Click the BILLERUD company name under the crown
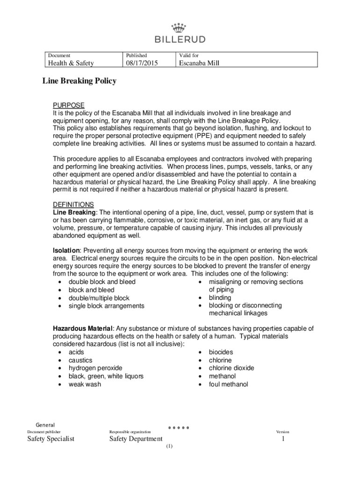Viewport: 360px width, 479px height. tap(180, 39)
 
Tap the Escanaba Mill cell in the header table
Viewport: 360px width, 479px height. tap(200, 63)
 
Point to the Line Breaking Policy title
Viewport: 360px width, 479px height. tap(79, 81)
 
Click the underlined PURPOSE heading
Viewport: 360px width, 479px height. tap(68, 105)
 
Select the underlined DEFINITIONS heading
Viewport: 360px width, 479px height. tap(73, 204)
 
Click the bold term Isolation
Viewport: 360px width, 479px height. tap(67, 251)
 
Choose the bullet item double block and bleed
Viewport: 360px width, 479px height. tap(102, 282)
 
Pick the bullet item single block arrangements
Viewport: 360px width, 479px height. tap(107, 306)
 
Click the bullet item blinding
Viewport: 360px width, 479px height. tap(220, 298)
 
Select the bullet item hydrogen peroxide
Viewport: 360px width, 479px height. tap(95, 368)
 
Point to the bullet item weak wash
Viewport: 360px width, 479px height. tap(85, 385)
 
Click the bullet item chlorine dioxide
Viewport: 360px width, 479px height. tap(231, 368)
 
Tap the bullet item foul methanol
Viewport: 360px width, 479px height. tap(228, 385)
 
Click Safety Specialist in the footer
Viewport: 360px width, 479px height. tap(51, 439)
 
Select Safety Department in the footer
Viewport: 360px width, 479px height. tap(136, 439)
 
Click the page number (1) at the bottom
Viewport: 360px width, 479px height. tap(169, 446)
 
